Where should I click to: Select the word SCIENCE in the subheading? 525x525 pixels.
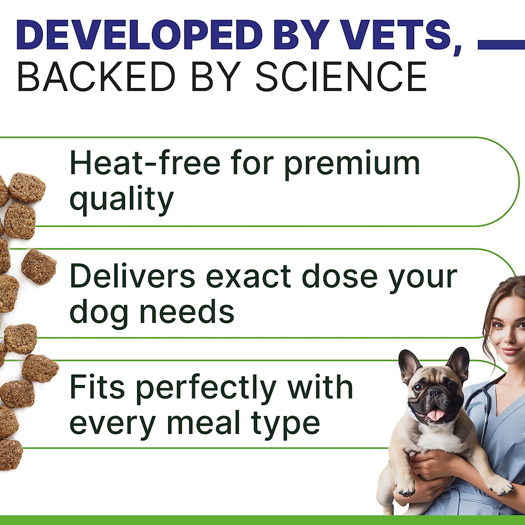pyautogui.click(x=341, y=77)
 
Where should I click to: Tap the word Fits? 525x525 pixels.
pyautogui.click(x=98, y=388)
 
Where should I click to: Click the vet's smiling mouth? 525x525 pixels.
pyautogui.click(x=511, y=350)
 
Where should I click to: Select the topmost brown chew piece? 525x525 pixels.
pyautogui.click(x=27, y=187)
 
